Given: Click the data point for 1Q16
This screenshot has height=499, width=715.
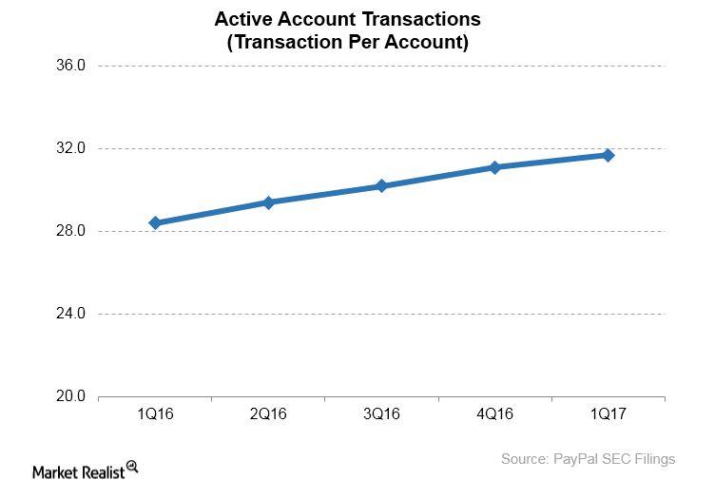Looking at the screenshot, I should [x=155, y=223].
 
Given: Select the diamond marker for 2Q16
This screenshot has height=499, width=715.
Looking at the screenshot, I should [x=268, y=202].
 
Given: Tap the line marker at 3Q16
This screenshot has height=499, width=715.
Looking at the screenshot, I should [x=381, y=186].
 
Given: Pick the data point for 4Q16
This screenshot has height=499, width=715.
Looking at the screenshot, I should [x=495, y=167].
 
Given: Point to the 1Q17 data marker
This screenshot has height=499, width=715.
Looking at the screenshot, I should [x=609, y=155].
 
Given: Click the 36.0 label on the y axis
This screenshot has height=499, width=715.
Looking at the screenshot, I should [x=72, y=66].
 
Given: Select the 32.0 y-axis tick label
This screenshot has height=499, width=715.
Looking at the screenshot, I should [x=72, y=148].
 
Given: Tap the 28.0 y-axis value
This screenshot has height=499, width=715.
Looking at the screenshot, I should [x=72, y=231].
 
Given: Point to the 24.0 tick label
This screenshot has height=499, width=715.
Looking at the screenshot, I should [x=72, y=314].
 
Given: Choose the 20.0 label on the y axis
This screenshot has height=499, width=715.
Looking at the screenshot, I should [x=72, y=396].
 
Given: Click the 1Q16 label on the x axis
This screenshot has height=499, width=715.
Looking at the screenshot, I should [x=155, y=414].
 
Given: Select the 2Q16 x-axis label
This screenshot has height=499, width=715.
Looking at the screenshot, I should [x=268, y=414].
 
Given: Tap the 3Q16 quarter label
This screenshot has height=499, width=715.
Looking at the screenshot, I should [x=381, y=414].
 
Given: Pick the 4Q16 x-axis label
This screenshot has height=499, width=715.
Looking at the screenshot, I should [x=495, y=414].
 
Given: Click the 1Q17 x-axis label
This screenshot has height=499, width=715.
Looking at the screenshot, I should [x=609, y=414].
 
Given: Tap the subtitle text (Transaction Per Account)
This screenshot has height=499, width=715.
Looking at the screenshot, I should [x=347, y=42].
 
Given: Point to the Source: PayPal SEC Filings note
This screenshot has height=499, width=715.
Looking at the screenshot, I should [x=588, y=459].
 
